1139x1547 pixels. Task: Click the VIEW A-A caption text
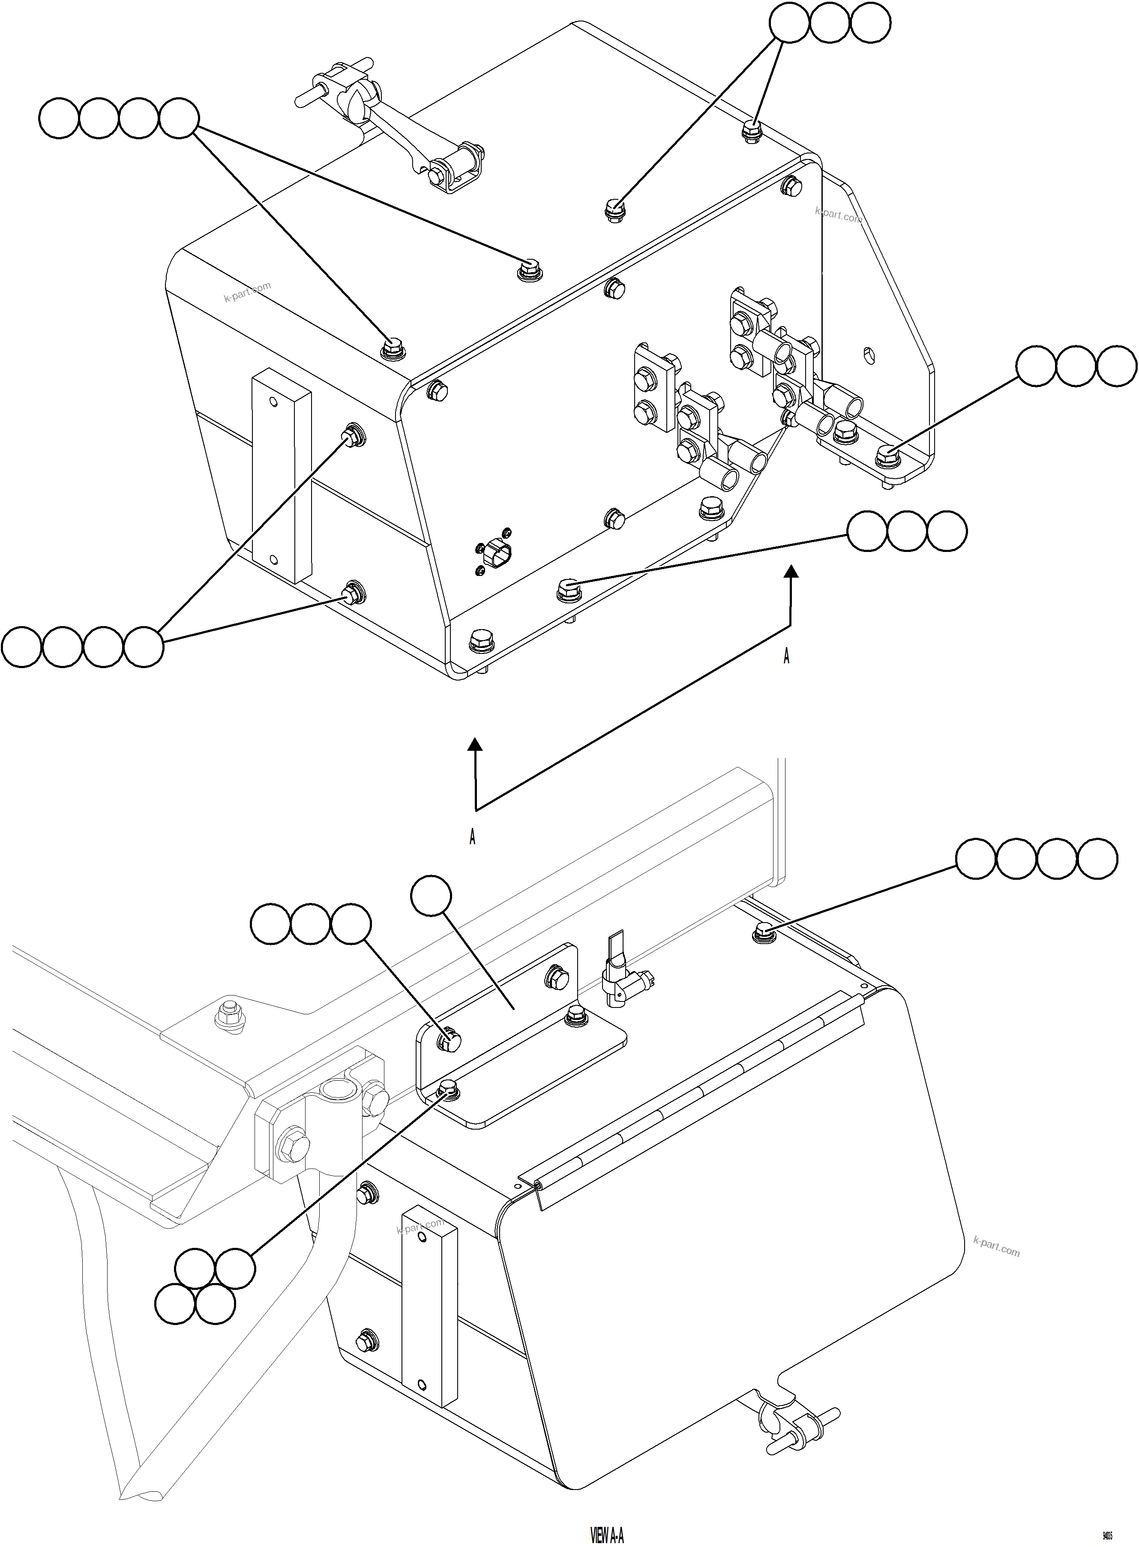[x=607, y=1516]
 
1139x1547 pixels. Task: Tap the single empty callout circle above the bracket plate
[x=431, y=896]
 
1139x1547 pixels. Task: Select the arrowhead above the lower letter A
[x=474, y=744]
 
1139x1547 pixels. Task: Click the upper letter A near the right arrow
[x=787, y=657]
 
